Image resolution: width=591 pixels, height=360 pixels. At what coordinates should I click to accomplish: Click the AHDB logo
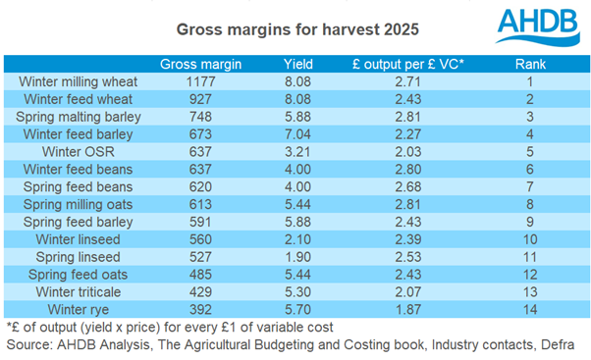pyautogui.click(x=525, y=26)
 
